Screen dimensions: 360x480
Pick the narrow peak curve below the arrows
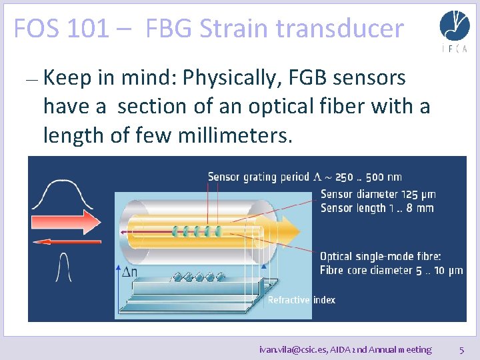(64, 269)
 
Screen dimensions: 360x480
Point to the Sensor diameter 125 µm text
(378, 195)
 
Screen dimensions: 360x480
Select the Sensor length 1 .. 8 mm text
(377, 208)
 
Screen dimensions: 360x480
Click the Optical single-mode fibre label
(380, 257)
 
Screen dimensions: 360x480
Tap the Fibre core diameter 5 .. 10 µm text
(391, 270)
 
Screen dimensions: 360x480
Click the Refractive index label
(301, 300)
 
